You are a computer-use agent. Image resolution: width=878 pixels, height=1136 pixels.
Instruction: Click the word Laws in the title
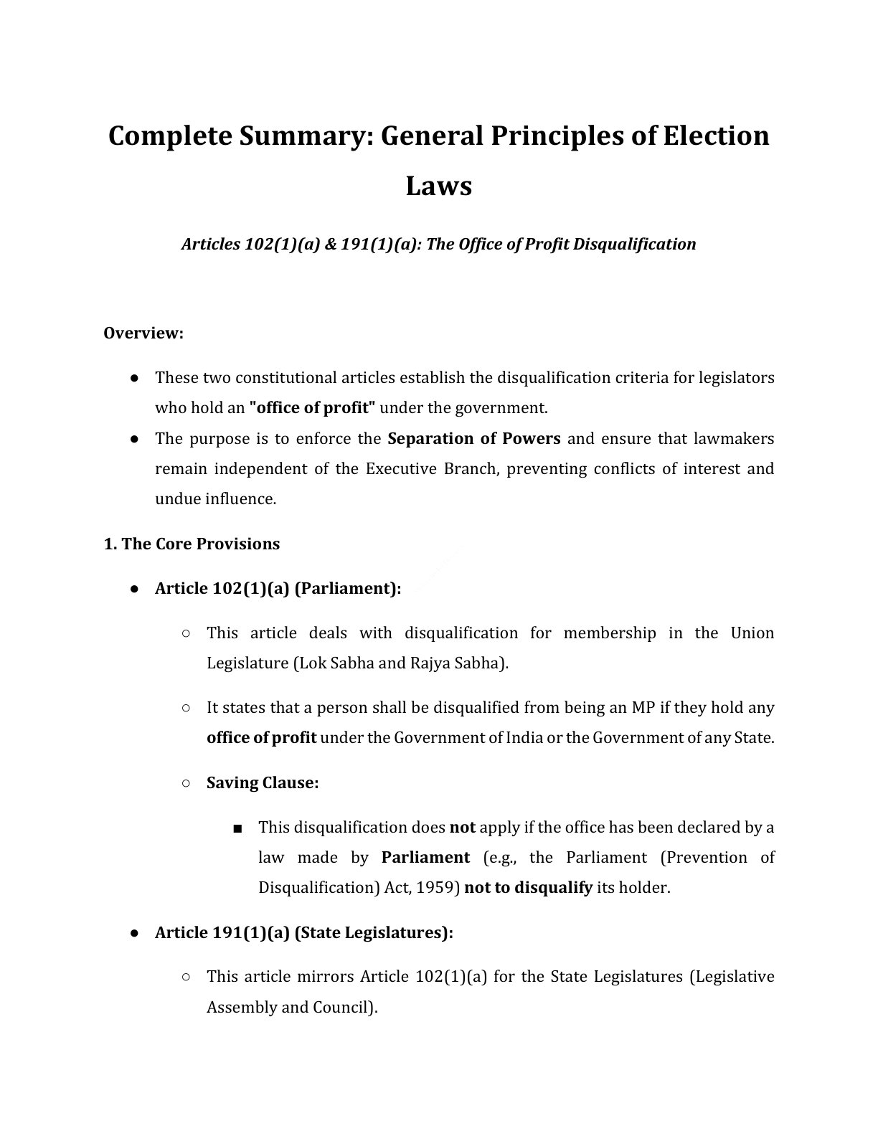coord(438,186)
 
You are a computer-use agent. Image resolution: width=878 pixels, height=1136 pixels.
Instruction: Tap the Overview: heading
coord(143,333)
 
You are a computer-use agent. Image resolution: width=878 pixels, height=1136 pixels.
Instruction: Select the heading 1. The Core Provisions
coord(192,544)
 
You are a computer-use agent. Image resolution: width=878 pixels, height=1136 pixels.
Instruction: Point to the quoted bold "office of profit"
coord(312,408)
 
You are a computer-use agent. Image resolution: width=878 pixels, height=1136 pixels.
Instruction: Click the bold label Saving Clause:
coord(263,782)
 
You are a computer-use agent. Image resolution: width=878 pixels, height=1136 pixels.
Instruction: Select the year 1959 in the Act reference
coord(439,888)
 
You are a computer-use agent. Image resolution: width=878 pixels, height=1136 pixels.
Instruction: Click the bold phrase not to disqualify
coord(528,888)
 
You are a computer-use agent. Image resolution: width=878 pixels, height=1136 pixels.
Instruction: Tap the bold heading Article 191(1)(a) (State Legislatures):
coord(304,932)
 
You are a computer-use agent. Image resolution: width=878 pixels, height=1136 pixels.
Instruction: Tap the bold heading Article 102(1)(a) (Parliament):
coord(278,589)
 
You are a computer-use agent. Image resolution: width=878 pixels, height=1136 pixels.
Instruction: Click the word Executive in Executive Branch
coord(394,469)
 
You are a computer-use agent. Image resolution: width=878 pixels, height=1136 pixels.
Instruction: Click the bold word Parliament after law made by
coord(425,858)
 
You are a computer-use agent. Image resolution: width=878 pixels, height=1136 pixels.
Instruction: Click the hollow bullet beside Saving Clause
coord(186,782)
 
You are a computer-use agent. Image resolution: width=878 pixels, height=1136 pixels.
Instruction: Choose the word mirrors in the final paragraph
coord(328,977)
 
